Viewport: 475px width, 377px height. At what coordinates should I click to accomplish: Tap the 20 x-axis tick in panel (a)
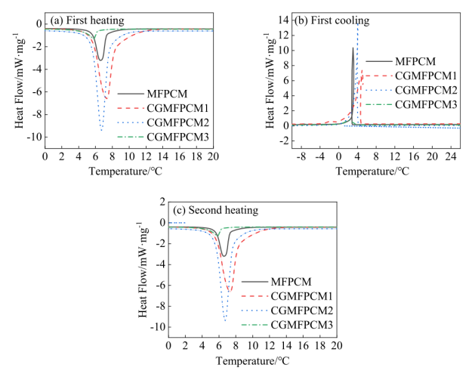(x=213, y=156)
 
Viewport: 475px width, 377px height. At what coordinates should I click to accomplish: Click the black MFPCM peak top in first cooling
(x=353, y=48)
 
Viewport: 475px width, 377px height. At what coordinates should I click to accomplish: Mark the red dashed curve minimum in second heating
(x=230, y=292)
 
